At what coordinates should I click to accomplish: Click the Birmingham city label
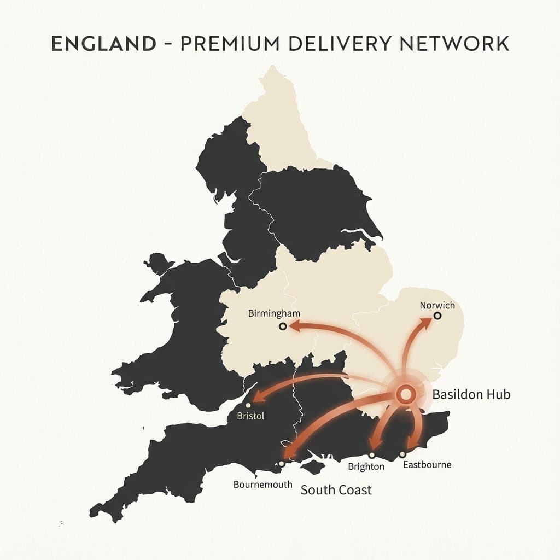point(274,313)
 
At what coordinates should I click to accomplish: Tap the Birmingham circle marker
point(283,326)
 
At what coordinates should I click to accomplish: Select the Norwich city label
point(437,305)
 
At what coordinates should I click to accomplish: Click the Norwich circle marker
point(437,316)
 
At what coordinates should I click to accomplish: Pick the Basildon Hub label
point(471,394)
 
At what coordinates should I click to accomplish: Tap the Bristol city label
point(250,416)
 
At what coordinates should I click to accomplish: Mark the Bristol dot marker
point(248,405)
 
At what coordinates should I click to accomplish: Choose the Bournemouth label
point(262,485)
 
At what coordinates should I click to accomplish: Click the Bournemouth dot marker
point(281,464)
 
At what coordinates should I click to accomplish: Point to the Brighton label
point(366,467)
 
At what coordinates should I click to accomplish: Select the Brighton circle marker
point(372,455)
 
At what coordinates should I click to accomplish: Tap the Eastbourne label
point(427,465)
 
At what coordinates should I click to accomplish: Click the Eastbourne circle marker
point(402,454)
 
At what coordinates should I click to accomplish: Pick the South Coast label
point(336,489)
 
